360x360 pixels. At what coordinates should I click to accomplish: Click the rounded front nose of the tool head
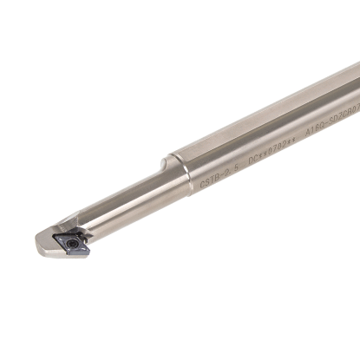click(42, 246)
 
